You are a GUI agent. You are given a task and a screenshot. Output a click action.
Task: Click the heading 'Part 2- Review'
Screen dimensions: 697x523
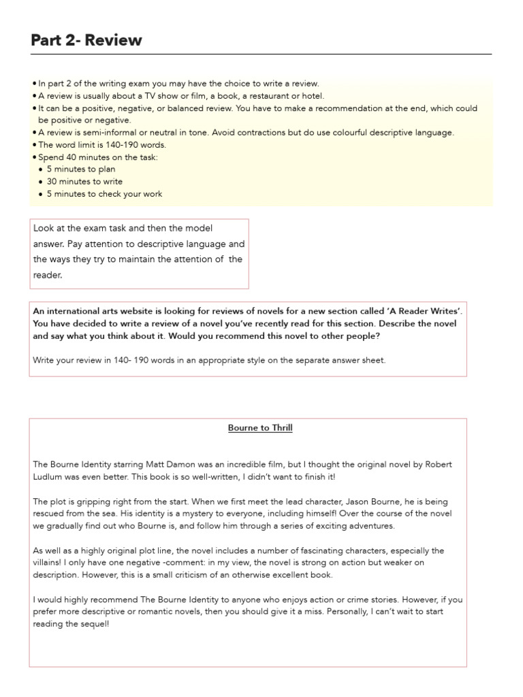click(x=86, y=40)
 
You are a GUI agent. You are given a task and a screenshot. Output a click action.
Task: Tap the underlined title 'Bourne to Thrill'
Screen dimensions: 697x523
click(x=260, y=428)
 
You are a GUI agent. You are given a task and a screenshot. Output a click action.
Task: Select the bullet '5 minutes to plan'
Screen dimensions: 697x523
click(x=81, y=169)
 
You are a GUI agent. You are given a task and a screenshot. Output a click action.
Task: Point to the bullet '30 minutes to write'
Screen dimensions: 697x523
click(x=84, y=182)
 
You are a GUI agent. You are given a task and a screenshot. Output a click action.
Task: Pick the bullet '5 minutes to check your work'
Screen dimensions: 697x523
click(x=104, y=194)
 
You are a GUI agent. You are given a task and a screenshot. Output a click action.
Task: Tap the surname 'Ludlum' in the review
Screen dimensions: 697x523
click(x=48, y=476)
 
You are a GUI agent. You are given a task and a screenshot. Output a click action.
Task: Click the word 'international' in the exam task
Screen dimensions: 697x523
click(x=74, y=311)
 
